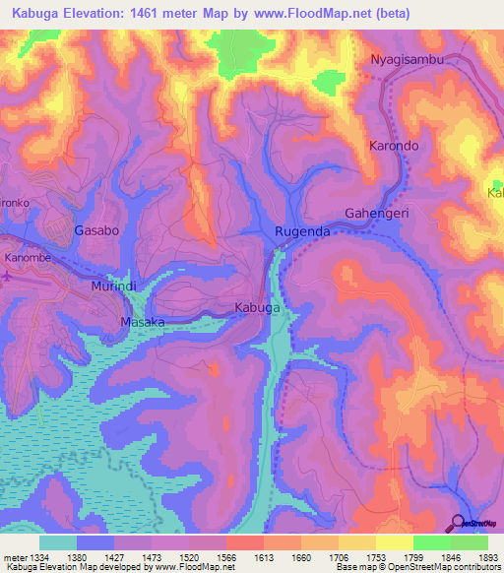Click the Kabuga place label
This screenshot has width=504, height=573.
tap(257, 308)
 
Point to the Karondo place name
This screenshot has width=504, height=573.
tap(394, 146)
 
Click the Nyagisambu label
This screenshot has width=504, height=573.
tap(408, 59)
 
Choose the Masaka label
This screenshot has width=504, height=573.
tap(141, 322)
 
